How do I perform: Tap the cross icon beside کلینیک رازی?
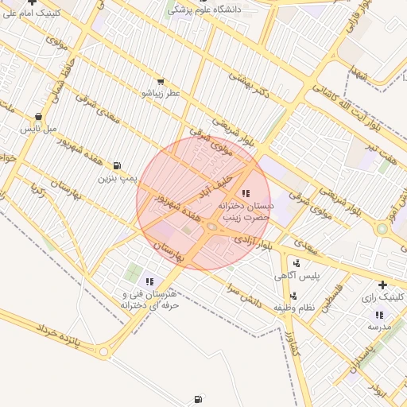(x=383, y=285)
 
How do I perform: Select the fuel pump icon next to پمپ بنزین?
(x=118, y=165)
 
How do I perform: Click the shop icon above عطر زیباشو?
(x=161, y=81)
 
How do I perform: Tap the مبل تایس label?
(x=39, y=127)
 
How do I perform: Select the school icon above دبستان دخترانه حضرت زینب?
(x=244, y=193)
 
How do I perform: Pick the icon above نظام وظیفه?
(x=293, y=296)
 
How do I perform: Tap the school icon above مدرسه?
(x=379, y=314)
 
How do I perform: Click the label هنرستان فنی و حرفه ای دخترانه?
(x=149, y=299)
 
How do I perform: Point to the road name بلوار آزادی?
(x=254, y=242)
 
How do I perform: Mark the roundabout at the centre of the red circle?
(x=211, y=227)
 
